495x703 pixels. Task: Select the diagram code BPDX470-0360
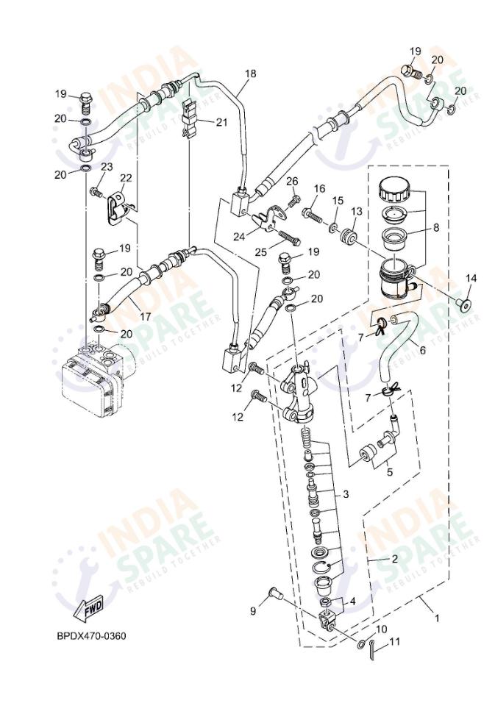click(91, 635)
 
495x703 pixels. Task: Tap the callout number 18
click(251, 74)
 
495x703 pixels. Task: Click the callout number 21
click(221, 122)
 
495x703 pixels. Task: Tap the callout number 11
click(394, 641)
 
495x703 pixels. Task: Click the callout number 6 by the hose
click(422, 350)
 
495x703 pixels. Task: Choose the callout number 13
click(356, 211)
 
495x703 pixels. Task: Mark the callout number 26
click(292, 182)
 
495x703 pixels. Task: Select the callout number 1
click(436, 618)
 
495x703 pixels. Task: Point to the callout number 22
click(126, 178)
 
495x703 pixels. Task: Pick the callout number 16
click(319, 189)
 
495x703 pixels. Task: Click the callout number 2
click(394, 559)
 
